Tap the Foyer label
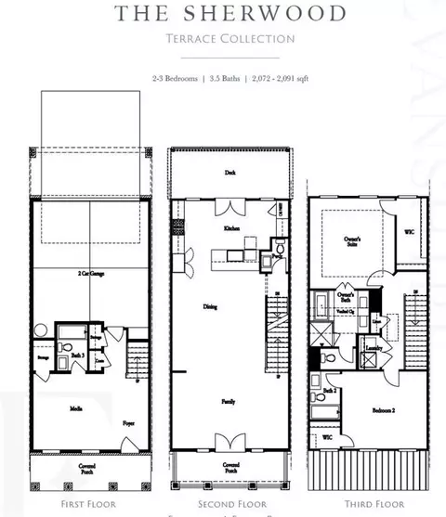[x=128, y=422]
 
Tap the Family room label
[x=227, y=403]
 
